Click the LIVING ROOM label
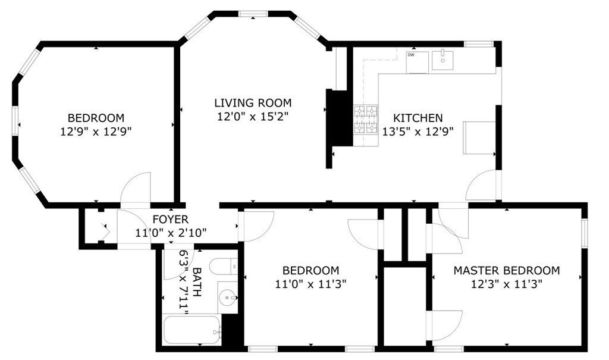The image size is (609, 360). [253, 103]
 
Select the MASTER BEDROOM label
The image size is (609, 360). [506, 270]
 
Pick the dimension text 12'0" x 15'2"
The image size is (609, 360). [253, 117]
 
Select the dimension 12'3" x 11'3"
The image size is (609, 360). [506, 284]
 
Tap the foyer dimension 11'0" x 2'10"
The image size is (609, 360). [170, 232]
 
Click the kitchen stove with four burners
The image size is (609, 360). [366, 119]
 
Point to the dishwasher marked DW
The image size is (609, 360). [417, 62]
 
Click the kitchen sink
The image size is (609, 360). [443, 60]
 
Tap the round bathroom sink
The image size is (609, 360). [226, 298]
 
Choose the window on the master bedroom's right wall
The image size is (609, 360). [585, 234]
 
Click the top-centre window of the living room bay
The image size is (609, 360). [253, 13]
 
